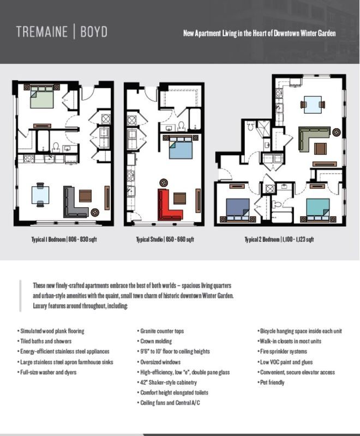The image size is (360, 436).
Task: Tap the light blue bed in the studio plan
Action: (181, 148)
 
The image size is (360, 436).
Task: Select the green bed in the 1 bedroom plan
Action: (42, 97)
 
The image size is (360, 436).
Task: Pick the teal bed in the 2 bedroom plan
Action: (317, 209)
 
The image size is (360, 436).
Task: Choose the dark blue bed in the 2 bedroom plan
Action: (238, 209)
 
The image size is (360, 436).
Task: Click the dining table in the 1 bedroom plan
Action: (40, 195)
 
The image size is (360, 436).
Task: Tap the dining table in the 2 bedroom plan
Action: (313, 105)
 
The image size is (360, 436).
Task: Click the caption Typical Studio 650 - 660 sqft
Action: (165, 239)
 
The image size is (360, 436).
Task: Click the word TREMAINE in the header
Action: (42, 32)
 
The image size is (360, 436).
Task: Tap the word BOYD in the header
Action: (94, 32)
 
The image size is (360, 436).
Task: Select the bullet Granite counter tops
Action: (160, 331)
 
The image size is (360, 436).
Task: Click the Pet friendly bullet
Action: (271, 383)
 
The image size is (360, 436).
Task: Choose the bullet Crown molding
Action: (155, 341)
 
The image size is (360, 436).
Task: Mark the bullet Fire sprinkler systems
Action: (283, 352)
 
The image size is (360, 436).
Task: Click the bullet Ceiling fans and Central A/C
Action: (169, 403)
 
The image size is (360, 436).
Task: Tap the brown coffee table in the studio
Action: (179, 198)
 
